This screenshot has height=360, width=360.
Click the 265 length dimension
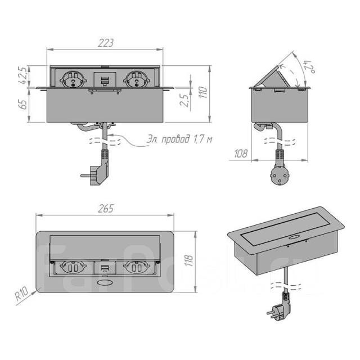[x=105, y=208]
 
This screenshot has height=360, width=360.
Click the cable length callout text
[x=176, y=138]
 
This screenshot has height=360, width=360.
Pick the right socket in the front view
[x=136, y=79]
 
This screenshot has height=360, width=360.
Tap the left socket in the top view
[x=74, y=268]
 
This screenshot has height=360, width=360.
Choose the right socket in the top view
[x=135, y=268]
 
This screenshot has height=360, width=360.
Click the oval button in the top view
[x=105, y=284]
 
